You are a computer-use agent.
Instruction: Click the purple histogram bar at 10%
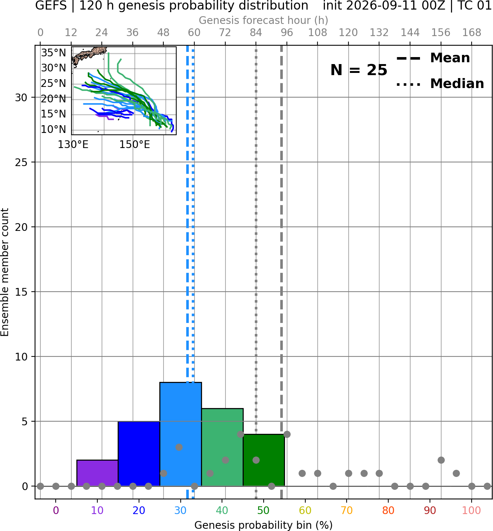click(97, 473)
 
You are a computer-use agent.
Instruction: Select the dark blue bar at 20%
click(139, 454)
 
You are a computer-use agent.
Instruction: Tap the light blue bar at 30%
click(180, 434)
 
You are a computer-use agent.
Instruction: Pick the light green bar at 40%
click(222, 447)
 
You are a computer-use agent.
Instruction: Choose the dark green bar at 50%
click(264, 460)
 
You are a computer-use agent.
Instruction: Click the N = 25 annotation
click(359, 70)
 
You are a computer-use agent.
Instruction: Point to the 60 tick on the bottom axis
click(305, 510)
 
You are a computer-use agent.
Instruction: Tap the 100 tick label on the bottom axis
click(472, 510)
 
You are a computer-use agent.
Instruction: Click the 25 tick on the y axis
click(21, 162)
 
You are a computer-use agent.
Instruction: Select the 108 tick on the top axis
click(317, 33)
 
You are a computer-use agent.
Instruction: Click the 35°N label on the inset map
click(53, 53)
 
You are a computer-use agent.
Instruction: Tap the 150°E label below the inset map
click(135, 145)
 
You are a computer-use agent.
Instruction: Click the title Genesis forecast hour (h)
click(264, 20)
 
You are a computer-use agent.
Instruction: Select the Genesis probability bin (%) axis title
click(264, 525)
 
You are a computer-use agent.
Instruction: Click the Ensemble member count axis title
click(4, 272)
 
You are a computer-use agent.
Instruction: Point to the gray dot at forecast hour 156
click(441, 460)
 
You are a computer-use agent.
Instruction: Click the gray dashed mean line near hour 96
click(281, 272)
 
